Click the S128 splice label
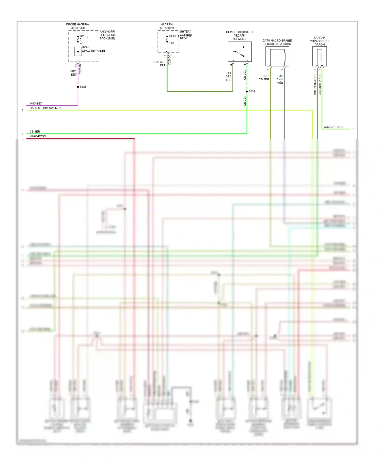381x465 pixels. point(83,87)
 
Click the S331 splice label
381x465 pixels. point(252,91)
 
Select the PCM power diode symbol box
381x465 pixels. point(78,51)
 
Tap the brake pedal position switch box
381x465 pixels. point(240,52)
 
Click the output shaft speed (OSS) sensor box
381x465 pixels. point(277,56)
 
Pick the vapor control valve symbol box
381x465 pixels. point(320,56)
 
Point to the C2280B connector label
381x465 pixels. point(80,69)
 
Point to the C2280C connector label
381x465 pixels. point(169,60)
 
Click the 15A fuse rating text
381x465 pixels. point(171,43)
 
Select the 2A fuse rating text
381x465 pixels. point(82,43)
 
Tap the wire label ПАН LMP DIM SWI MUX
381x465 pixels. point(45,108)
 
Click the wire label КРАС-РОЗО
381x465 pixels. point(38,136)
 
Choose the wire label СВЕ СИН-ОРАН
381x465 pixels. point(334,127)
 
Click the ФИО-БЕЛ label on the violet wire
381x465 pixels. point(36,104)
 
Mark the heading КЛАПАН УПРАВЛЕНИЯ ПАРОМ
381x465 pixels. point(320,41)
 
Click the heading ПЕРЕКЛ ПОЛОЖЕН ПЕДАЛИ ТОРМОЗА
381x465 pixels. point(239,35)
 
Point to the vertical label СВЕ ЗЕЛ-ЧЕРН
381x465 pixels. point(315,85)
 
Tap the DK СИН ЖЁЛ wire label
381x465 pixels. point(280,79)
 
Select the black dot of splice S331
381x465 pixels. point(247,91)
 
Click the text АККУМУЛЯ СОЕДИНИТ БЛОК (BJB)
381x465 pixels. point(107,35)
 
